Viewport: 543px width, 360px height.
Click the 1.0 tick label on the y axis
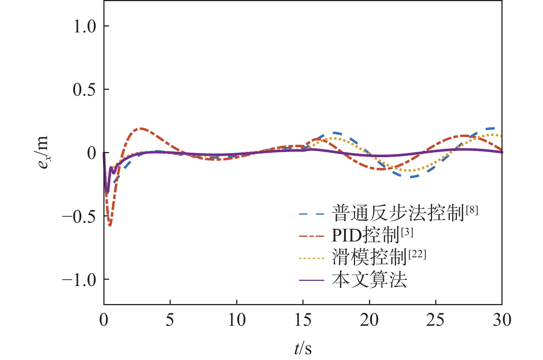(84, 27)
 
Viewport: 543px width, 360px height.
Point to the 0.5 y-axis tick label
(84, 90)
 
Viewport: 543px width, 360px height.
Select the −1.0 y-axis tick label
(79, 280)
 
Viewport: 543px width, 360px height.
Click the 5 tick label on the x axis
(170, 320)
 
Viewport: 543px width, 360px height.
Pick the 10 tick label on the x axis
(237, 320)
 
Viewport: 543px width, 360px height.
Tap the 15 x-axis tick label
(303, 320)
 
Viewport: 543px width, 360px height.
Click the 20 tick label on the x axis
(369, 320)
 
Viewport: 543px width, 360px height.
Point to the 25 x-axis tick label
(436, 320)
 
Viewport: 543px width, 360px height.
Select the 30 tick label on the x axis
(502, 320)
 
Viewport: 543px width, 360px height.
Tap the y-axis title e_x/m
(43, 152)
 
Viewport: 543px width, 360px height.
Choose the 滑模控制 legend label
(369, 257)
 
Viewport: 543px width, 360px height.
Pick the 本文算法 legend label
(369, 280)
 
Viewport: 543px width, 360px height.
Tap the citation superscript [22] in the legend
(417, 254)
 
